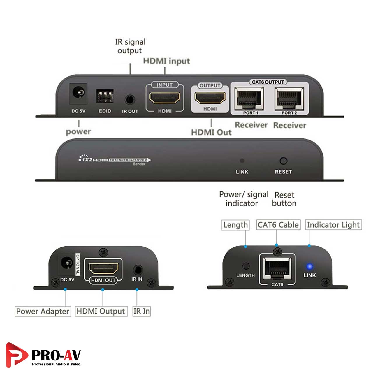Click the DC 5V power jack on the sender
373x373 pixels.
78,94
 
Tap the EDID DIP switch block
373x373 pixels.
104,96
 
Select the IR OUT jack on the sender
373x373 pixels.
130,100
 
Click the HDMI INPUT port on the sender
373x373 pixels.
165,98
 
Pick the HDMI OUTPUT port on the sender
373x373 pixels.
210,98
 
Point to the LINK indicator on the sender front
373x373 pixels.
242,161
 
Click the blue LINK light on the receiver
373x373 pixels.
309,266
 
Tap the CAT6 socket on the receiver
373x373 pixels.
277,268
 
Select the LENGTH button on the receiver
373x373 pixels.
246,266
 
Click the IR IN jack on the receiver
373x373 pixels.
137,269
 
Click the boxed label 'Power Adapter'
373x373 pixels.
43,311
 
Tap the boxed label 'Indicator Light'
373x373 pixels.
333,225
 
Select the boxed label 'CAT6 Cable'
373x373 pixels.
278,225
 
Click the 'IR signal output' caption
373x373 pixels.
130,46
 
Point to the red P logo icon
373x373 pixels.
16,355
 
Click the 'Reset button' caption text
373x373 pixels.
284,199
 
